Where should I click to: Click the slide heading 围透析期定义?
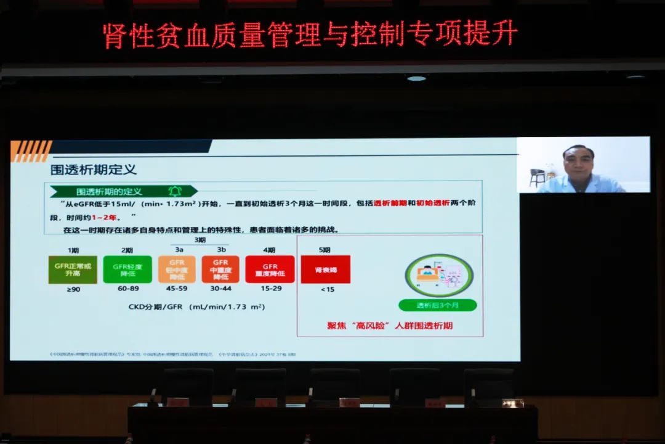tap(94, 169)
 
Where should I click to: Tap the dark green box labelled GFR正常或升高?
tap(73, 269)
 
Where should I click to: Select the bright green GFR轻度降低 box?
tap(127, 269)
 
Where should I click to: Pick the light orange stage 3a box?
tap(177, 269)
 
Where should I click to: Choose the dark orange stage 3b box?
tap(220, 269)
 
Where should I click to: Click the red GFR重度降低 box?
tap(270, 269)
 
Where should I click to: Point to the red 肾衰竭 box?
tap(325, 269)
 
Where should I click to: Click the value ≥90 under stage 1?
tap(73, 289)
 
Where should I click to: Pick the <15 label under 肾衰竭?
tap(327, 289)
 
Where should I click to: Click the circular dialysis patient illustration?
tap(439, 274)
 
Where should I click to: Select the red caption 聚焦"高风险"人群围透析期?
tap(390, 325)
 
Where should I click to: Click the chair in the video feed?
tap(538, 178)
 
